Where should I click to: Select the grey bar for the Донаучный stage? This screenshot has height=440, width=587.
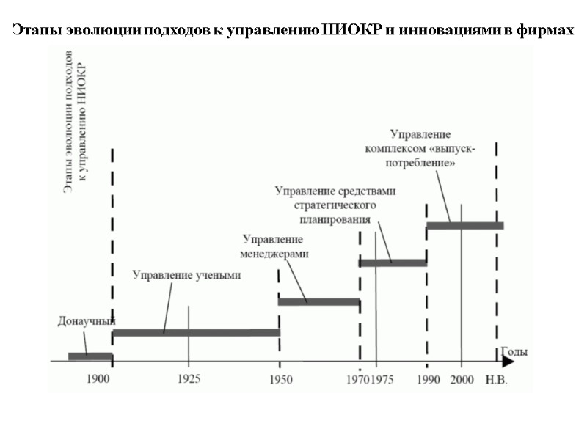click(x=90, y=356)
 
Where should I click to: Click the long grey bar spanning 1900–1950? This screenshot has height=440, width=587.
click(x=196, y=332)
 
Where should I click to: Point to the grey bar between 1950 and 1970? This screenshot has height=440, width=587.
click(x=318, y=301)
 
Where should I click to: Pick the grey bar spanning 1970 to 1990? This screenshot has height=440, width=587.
click(x=392, y=263)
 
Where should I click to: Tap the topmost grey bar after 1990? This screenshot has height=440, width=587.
click(x=464, y=225)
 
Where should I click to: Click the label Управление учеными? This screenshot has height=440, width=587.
click(x=186, y=276)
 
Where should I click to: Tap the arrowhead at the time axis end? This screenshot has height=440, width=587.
click(x=507, y=362)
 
